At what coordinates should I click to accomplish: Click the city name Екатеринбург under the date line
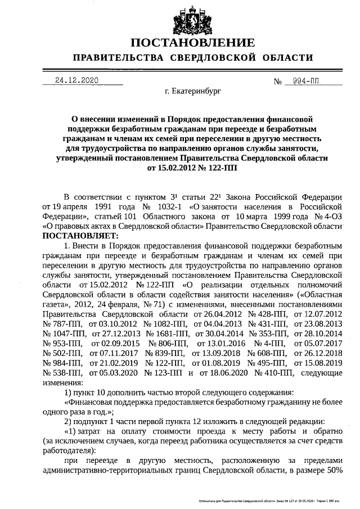pos(196,89)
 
